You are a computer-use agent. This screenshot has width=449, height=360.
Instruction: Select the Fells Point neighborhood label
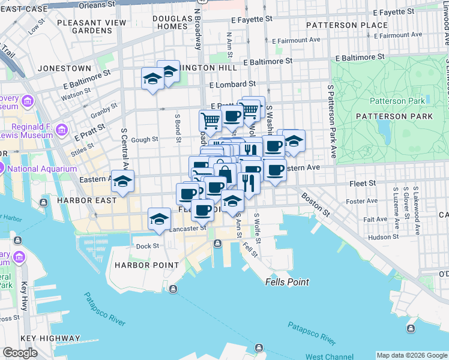click(x=288, y=282)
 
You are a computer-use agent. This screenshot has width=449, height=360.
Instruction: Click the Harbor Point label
click(x=146, y=265)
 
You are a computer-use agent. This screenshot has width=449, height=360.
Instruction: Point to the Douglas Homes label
click(x=171, y=23)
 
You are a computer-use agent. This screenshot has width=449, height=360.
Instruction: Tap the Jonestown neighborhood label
click(x=64, y=68)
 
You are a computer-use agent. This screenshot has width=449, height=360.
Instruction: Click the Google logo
click(x=20, y=352)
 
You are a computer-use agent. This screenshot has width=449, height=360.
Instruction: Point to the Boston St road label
click(x=316, y=204)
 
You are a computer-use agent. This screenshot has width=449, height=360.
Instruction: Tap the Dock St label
click(x=147, y=246)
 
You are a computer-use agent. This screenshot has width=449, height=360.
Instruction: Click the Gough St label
click(x=144, y=139)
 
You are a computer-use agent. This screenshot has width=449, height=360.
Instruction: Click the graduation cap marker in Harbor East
click(x=122, y=181)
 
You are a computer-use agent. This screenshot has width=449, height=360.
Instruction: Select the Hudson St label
click(x=379, y=237)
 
